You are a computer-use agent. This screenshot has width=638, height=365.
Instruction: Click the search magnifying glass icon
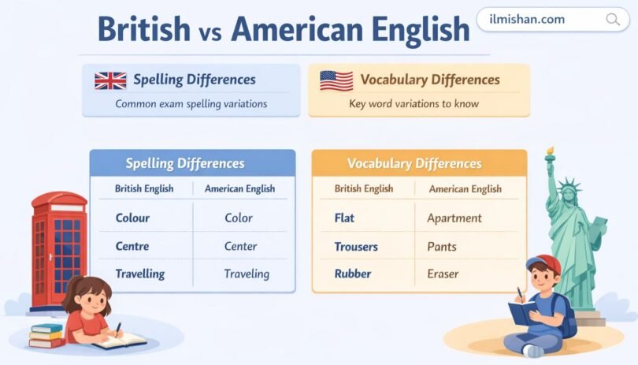[612, 20]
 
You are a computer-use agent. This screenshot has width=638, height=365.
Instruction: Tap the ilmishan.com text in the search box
[528, 20]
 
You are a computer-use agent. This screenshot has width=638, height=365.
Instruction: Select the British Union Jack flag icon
[110, 80]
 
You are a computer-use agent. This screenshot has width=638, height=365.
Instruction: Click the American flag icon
[336, 80]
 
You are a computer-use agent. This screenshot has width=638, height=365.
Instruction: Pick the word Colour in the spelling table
[132, 218]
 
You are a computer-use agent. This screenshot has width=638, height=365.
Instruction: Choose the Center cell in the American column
[240, 246]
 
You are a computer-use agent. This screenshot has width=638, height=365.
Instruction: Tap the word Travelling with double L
[140, 274]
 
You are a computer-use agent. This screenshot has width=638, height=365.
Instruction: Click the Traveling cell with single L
[247, 274]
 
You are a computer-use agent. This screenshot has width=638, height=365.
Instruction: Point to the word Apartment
[454, 218]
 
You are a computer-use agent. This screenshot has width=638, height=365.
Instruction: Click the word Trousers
[356, 247]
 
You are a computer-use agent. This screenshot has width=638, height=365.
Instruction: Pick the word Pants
[442, 247]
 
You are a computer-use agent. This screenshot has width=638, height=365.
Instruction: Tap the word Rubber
[352, 274]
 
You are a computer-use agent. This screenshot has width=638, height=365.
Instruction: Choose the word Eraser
[443, 274]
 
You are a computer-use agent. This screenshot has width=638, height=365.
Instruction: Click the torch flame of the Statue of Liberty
[550, 150]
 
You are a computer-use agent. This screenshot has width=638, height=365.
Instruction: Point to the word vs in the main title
[210, 31]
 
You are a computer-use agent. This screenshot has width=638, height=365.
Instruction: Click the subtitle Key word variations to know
[414, 103]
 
